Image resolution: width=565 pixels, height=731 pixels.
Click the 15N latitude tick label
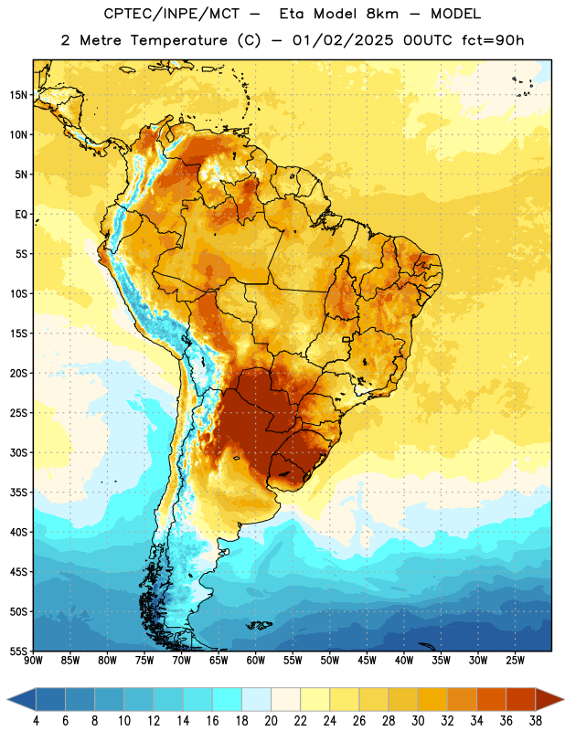tap(18, 95)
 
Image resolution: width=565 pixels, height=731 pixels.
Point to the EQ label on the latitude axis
tap(21, 215)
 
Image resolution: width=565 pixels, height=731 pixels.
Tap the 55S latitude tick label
tap(18, 652)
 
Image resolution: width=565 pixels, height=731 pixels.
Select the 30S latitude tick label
tap(18, 452)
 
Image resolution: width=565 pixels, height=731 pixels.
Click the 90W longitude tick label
tap(33, 661)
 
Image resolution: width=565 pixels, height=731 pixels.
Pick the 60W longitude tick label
tap(256, 661)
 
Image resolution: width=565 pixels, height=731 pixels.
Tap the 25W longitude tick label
tap(515, 661)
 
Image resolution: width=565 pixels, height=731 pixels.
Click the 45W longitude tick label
tap(367, 661)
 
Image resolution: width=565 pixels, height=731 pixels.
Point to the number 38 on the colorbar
tap(535, 721)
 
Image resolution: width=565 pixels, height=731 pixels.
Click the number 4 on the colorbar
tap(36, 721)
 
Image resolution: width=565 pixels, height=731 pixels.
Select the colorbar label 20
tap(271, 721)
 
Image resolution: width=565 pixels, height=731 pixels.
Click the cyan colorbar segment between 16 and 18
tap(228, 700)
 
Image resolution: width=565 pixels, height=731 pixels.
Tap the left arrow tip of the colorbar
tap(7, 700)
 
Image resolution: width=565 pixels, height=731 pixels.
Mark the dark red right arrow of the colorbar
tap(549, 700)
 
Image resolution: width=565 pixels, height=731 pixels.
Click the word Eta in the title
tap(292, 14)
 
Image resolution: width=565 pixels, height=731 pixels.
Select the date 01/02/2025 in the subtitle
tap(344, 40)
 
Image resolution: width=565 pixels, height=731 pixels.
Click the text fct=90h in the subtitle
tap(493, 40)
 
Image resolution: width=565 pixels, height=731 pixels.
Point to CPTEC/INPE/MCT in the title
tap(172, 14)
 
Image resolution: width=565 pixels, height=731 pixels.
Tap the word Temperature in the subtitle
tap(178, 41)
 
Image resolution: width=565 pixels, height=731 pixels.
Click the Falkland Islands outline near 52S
tap(259, 625)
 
